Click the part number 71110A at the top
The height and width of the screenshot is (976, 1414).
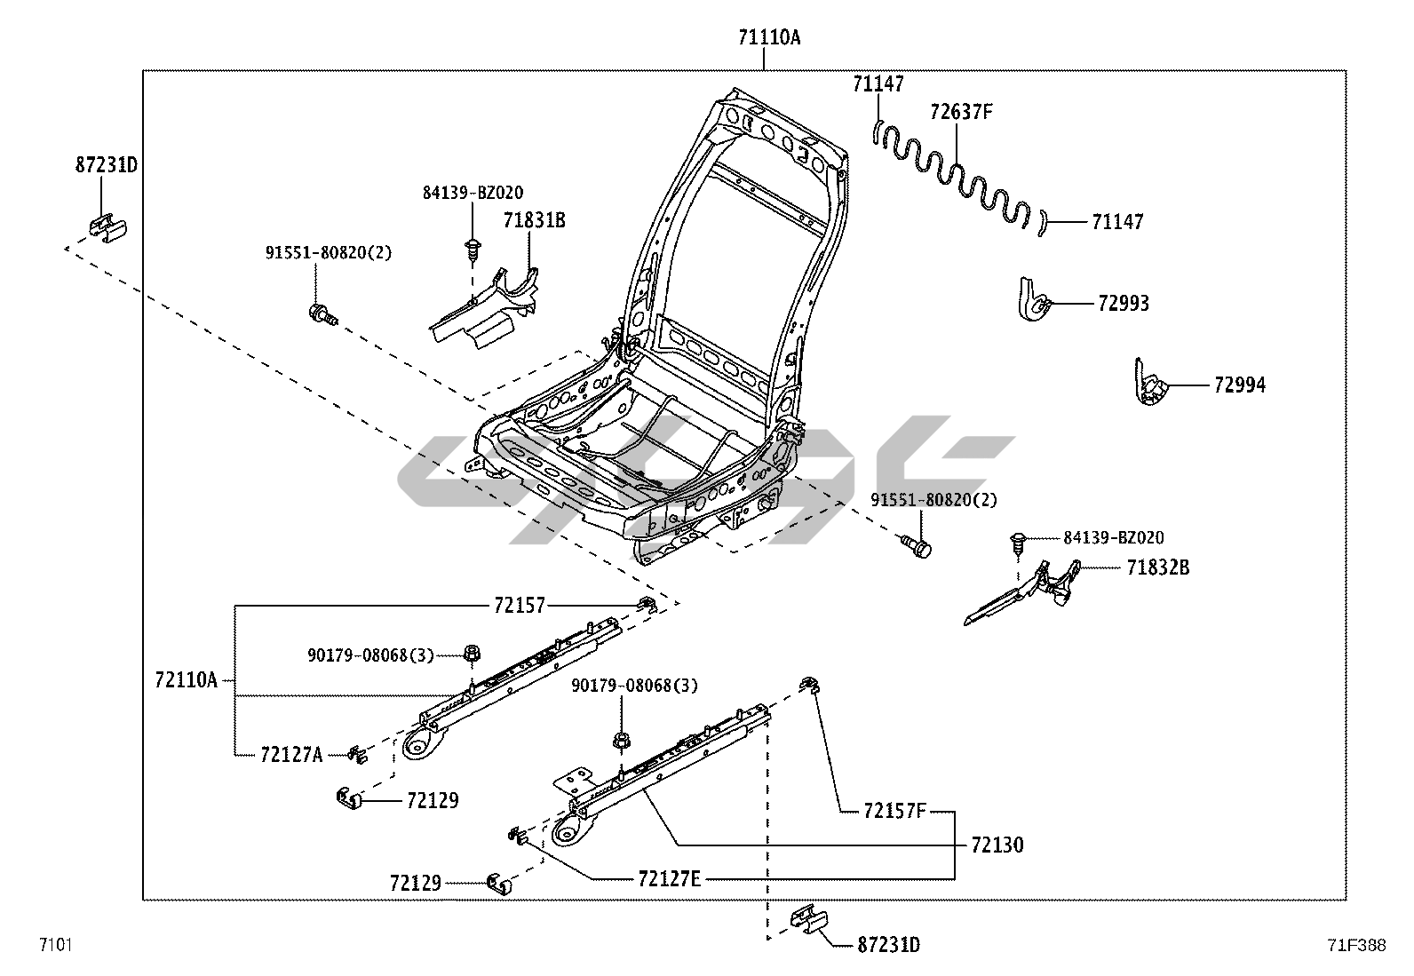768,37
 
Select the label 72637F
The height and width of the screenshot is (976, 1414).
961,113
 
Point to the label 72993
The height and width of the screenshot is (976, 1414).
1123,304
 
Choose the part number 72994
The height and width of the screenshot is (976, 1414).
1240,385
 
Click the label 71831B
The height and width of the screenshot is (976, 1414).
534,221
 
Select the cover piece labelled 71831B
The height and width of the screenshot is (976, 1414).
484,306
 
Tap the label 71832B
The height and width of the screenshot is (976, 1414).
1157,567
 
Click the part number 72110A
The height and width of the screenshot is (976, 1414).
186,680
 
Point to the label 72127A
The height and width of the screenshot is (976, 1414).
291,755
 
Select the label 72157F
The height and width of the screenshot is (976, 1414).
894,811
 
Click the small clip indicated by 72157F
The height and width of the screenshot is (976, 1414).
807,683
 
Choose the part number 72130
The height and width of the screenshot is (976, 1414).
997,845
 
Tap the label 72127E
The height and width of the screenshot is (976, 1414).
669,879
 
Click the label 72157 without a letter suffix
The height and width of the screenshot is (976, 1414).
520,606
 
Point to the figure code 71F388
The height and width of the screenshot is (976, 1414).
1356,946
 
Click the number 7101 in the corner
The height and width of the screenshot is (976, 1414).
54,944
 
